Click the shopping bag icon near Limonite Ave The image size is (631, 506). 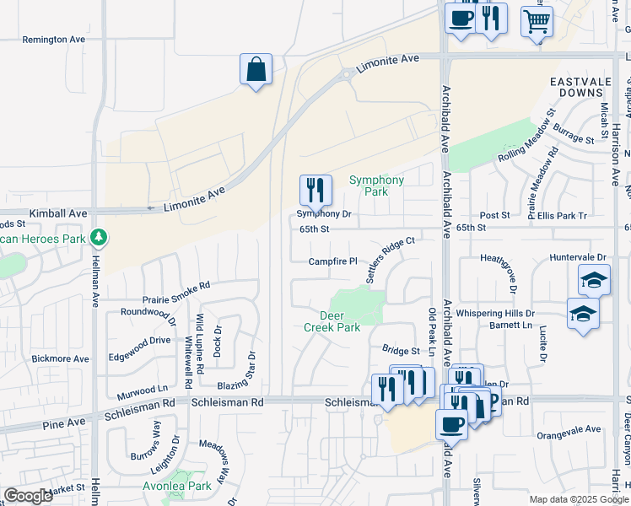click(x=256, y=70)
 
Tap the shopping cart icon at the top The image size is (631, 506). click(x=537, y=21)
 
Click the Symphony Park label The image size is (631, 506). click(x=377, y=186)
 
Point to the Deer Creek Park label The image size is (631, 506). click(x=332, y=321)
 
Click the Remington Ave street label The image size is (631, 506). click(x=54, y=40)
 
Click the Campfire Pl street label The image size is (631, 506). click(x=333, y=261)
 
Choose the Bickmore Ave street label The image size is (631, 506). click(x=60, y=358)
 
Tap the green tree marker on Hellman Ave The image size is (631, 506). click(x=100, y=237)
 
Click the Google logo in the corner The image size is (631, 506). click(x=28, y=496)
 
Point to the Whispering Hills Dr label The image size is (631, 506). click(x=495, y=313)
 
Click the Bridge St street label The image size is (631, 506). click(x=401, y=350)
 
